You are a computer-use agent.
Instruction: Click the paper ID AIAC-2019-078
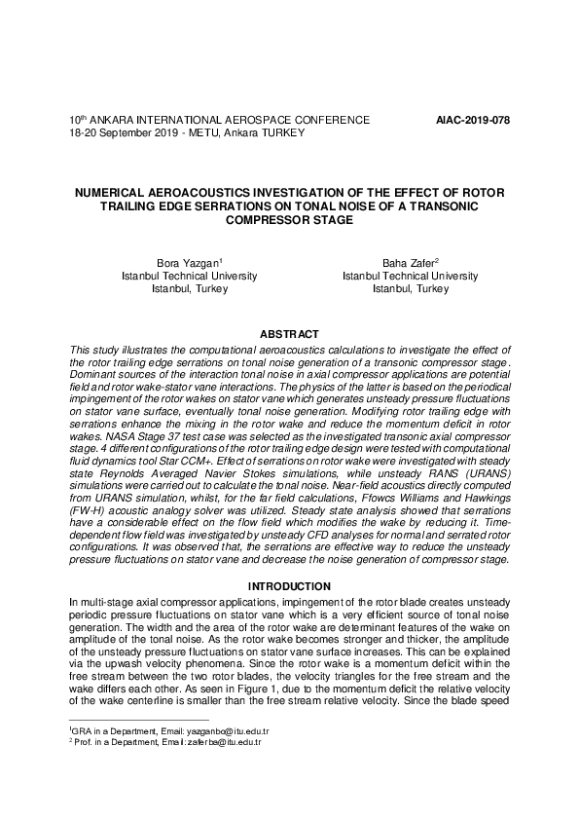(x=474, y=120)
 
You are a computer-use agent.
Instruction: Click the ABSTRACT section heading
(x=289, y=334)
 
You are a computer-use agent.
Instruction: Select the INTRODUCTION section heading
(x=289, y=586)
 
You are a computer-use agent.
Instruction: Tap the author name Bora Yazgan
(x=188, y=263)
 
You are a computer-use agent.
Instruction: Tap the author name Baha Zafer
(x=408, y=263)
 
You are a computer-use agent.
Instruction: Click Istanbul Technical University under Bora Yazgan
(x=189, y=276)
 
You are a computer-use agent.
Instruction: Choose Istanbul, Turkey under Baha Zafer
(x=410, y=289)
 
